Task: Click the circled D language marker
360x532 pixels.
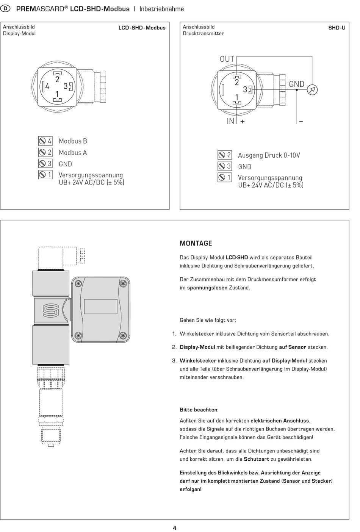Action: [x=5, y=9]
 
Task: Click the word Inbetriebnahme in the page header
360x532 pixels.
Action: [x=161, y=9]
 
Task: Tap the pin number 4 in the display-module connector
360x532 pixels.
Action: [x=47, y=86]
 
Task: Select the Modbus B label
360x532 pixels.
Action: [x=73, y=141]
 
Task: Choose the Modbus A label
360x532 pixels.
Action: [x=73, y=152]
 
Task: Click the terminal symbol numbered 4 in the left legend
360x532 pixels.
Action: [x=45, y=141]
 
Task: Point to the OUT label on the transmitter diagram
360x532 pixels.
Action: [x=227, y=59]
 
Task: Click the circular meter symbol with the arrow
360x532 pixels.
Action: [x=312, y=90]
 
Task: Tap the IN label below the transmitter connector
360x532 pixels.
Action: [x=230, y=121]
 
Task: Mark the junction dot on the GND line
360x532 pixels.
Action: [x=297, y=90]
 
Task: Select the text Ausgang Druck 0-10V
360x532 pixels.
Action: [x=269, y=155]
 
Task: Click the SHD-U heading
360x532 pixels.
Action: [x=337, y=28]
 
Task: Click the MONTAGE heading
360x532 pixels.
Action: [x=196, y=243]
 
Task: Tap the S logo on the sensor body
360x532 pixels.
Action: [x=50, y=311]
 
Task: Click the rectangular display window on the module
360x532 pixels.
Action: [x=101, y=307]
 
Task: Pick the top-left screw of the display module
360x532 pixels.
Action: [x=78, y=283]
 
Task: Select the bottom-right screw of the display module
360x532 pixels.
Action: [x=123, y=336]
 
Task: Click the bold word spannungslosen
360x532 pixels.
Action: [x=207, y=288]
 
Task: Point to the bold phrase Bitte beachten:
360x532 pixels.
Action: [x=199, y=410]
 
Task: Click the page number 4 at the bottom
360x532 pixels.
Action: [x=175, y=528]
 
